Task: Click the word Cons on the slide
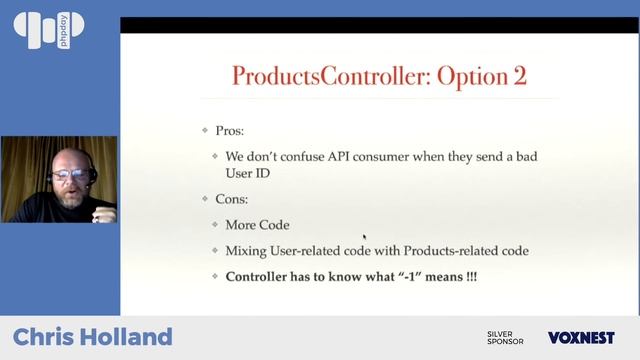tap(234, 199)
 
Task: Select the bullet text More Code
tap(257, 225)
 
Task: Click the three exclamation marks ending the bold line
tap(470, 275)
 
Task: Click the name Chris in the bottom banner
tap(45, 337)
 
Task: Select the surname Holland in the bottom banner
tap(128, 337)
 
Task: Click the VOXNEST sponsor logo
tap(581, 338)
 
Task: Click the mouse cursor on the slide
tap(364, 238)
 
